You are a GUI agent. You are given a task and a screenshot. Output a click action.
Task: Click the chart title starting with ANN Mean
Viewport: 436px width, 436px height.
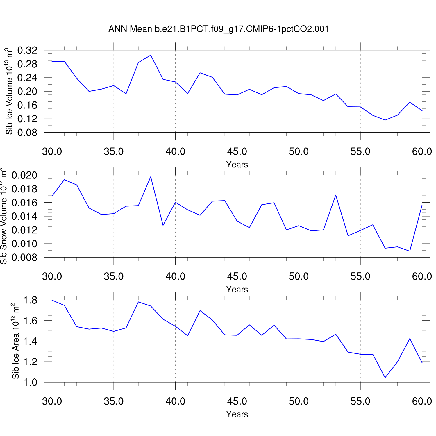tap(218, 29)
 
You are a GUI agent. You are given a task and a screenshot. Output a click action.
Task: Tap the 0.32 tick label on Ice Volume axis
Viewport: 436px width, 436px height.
tap(28, 51)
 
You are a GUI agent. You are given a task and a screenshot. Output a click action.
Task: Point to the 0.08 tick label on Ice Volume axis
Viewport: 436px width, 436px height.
tap(28, 133)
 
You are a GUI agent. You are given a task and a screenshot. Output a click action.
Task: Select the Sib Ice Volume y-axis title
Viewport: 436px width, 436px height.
tap(9, 91)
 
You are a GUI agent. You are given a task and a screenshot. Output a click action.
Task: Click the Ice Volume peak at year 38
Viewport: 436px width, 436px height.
tap(151, 55)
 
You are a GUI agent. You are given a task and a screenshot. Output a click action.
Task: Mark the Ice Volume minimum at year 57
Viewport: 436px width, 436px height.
tap(385, 120)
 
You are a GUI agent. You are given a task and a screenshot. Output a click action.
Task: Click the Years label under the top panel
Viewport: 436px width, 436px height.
tap(237, 165)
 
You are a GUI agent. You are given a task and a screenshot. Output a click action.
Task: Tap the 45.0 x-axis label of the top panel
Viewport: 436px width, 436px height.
tap(237, 151)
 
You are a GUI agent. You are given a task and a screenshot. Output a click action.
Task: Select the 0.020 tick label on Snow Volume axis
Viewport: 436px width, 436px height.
tap(25, 175)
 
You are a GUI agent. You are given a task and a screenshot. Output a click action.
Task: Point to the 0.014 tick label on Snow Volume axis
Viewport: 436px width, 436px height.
tap(25, 216)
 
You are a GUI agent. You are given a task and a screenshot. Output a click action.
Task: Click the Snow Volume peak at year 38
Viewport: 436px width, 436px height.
tap(151, 177)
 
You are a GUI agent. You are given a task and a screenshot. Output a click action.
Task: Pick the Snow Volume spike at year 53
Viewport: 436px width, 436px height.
tap(336, 195)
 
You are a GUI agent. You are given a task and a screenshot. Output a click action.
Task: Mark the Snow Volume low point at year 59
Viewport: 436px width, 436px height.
tap(410, 251)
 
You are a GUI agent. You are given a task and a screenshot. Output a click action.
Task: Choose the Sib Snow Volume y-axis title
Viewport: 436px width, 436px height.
tap(3, 216)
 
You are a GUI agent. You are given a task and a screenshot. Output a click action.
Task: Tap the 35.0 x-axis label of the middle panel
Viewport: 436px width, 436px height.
tap(114, 276)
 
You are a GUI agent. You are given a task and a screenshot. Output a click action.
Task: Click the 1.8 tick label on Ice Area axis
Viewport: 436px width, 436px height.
tap(30, 300)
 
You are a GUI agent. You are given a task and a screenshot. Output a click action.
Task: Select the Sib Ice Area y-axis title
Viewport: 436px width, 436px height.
tap(16, 341)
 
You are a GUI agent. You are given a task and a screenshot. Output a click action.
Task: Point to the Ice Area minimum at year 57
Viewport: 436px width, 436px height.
tap(385, 378)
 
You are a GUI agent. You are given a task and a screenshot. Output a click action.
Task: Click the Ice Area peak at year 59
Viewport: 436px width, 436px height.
tap(410, 339)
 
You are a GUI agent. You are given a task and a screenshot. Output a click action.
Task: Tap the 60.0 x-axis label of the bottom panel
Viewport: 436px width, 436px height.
tap(422, 401)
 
